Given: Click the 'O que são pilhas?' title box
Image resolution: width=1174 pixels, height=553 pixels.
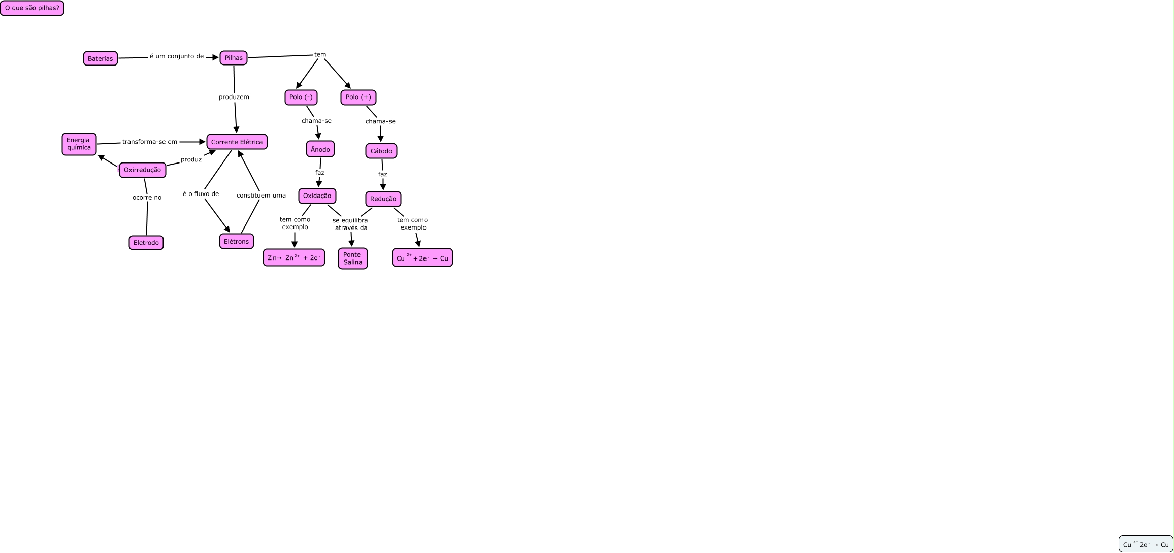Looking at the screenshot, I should (32, 8).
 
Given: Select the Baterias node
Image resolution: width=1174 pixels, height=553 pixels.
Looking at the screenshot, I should (100, 58).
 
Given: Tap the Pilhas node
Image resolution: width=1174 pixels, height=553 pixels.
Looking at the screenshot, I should (234, 58).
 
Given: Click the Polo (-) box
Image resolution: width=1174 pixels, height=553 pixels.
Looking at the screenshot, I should (301, 97).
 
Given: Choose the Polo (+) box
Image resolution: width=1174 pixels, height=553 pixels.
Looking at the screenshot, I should (358, 97).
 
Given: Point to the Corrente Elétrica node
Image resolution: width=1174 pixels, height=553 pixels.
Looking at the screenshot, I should (237, 142).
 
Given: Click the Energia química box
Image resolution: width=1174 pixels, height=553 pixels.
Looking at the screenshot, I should (79, 144).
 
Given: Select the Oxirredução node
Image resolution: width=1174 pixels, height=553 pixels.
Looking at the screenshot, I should (142, 170).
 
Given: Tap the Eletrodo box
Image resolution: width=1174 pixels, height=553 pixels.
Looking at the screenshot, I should (146, 243).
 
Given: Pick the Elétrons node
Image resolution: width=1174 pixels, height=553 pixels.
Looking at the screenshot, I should (236, 241).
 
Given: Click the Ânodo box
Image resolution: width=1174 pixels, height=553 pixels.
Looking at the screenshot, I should (320, 149).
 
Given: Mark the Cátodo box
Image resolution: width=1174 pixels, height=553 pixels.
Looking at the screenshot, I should (381, 151).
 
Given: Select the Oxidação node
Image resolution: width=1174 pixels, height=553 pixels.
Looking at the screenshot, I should (317, 196).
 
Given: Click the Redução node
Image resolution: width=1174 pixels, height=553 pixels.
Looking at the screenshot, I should (383, 199).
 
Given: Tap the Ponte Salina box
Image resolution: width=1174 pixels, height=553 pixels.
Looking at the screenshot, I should (352, 258).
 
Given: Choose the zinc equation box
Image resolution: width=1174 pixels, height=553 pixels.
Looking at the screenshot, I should (293, 257).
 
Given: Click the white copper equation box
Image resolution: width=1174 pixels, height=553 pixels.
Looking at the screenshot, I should (1146, 544).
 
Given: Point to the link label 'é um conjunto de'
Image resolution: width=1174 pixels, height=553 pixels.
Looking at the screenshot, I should (177, 56).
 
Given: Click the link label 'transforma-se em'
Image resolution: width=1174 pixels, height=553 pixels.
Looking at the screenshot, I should (150, 142).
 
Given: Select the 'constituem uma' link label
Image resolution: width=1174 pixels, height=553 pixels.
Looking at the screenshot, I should (261, 195).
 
